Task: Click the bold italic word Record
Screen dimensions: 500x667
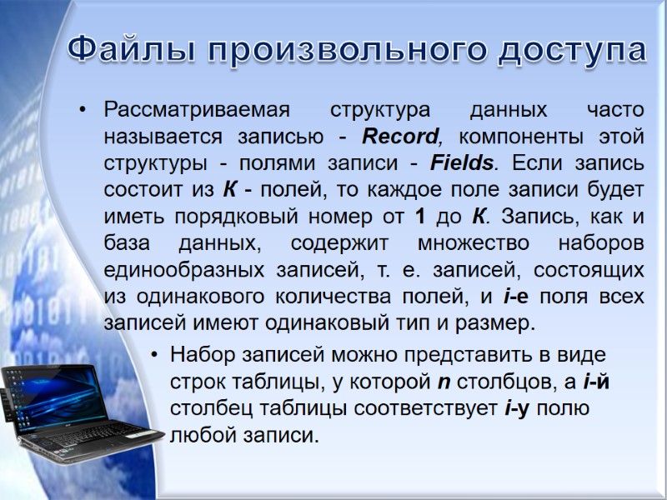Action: pyautogui.click(x=401, y=136)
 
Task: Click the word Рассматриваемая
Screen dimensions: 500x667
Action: pyautogui.click(x=197, y=110)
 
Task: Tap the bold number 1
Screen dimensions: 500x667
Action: pyautogui.click(x=419, y=216)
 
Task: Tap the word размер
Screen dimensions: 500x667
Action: pyautogui.click(x=493, y=322)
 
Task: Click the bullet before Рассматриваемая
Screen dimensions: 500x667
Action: pyautogui.click(x=83, y=110)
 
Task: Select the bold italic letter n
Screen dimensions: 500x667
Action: pyautogui.click(x=444, y=382)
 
